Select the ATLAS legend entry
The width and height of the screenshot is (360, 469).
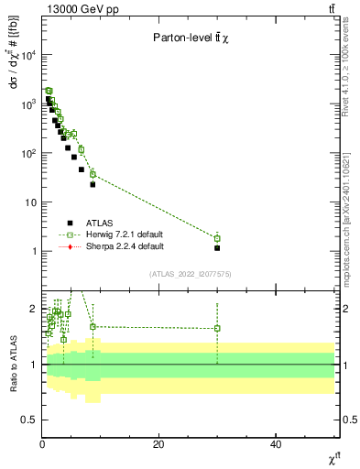click(101, 222)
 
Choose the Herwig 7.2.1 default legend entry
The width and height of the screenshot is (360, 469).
click(116, 234)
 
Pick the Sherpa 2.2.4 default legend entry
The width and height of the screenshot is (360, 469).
click(116, 245)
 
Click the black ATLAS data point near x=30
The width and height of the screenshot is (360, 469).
click(217, 247)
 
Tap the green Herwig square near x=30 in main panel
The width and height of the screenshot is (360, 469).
click(217, 238)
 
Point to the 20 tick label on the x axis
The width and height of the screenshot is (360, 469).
click(158, 444)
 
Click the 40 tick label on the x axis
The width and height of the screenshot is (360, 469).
click(276, 444)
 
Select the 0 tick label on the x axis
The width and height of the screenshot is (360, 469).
click(42, 444)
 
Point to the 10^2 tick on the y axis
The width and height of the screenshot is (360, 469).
click(27, 153)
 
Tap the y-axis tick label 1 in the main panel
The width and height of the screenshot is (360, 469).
click(33, 251)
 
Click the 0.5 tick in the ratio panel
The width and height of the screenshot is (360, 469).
click(28, 420)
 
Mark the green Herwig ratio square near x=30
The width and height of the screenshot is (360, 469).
click(217, 328)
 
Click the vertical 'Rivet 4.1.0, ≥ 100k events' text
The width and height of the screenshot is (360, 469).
click(351, 73)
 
